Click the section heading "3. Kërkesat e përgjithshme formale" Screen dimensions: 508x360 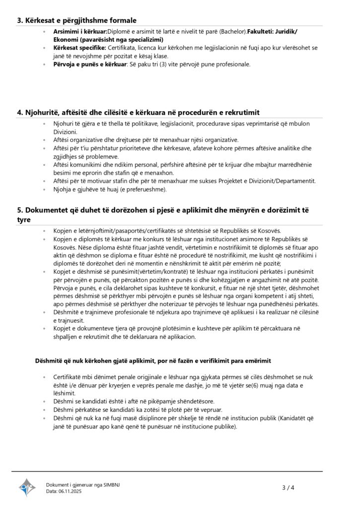77,20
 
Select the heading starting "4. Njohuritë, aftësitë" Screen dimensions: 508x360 139,112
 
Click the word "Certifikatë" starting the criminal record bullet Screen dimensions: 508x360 68,378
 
